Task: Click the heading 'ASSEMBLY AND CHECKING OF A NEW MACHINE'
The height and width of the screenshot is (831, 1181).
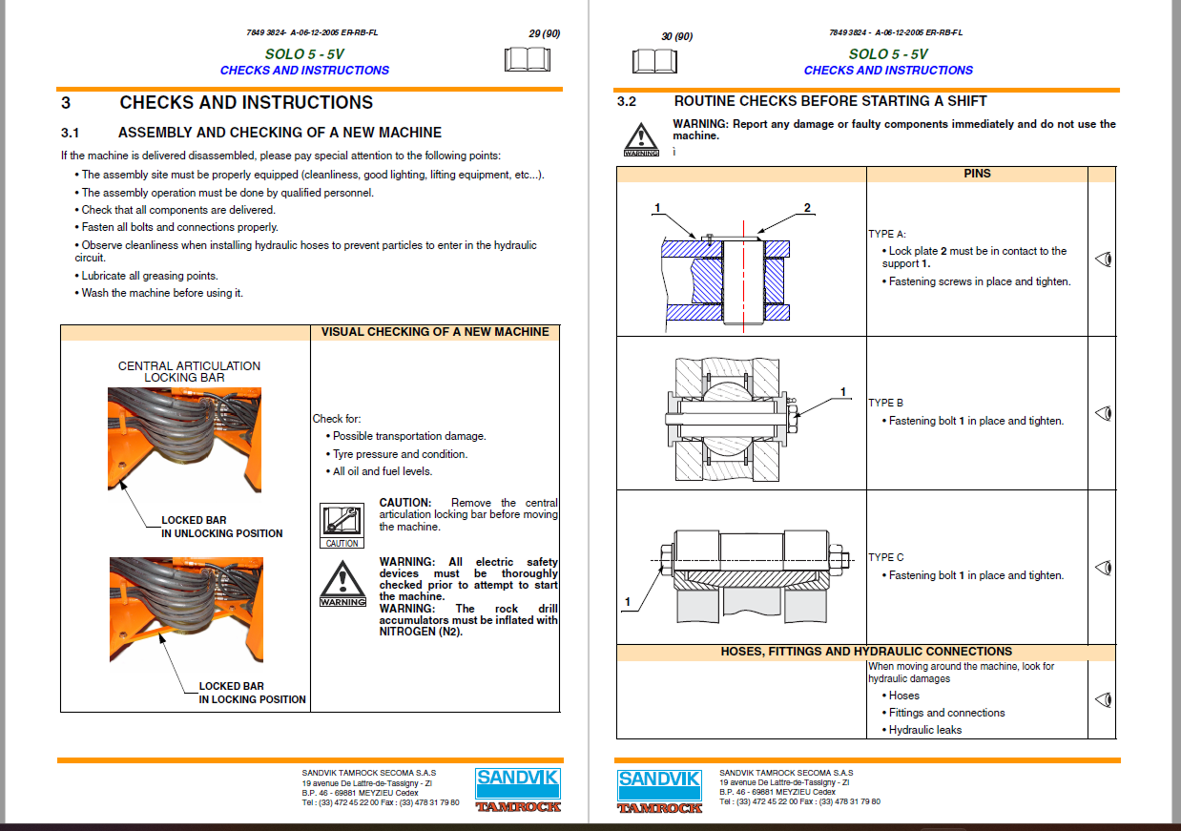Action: coord(280,133)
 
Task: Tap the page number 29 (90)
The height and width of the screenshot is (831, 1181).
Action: coord(544,34)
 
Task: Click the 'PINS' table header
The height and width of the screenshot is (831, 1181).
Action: coord(977,174)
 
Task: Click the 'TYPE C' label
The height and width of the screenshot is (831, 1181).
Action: coord(886,557)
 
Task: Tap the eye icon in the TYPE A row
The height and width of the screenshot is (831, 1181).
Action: coord(1103,259)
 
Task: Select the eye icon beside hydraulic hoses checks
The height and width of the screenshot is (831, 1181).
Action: coord(1103,699)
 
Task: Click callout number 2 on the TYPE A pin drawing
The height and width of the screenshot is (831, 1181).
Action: coord(807,208)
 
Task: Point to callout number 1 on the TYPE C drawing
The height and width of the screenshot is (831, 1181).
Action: coord(628,601)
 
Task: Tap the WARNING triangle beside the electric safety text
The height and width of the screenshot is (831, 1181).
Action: coord(342,584)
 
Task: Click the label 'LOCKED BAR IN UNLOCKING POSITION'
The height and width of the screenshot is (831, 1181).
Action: coord(221,527)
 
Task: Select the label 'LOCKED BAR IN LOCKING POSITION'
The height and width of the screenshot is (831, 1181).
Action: coord(252,693)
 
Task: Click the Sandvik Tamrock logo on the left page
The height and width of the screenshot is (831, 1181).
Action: coord(518,788)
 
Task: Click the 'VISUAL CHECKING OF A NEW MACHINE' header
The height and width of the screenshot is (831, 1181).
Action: coord(435,332)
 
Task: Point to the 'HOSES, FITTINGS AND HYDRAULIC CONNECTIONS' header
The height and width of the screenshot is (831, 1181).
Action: coord(866,652)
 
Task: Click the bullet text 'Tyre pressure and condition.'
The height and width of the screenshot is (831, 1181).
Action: coord(400,454)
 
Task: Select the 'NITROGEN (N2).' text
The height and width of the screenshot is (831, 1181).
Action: coord(421,632)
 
